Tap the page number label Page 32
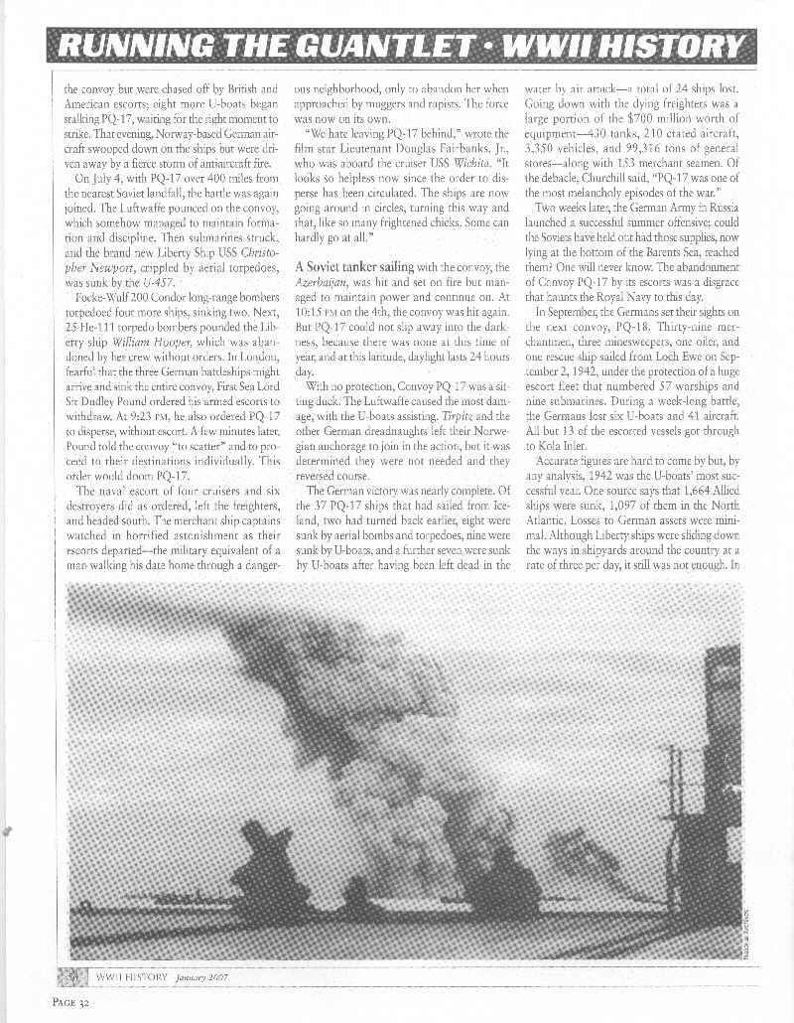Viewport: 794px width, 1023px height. (75, 1000)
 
